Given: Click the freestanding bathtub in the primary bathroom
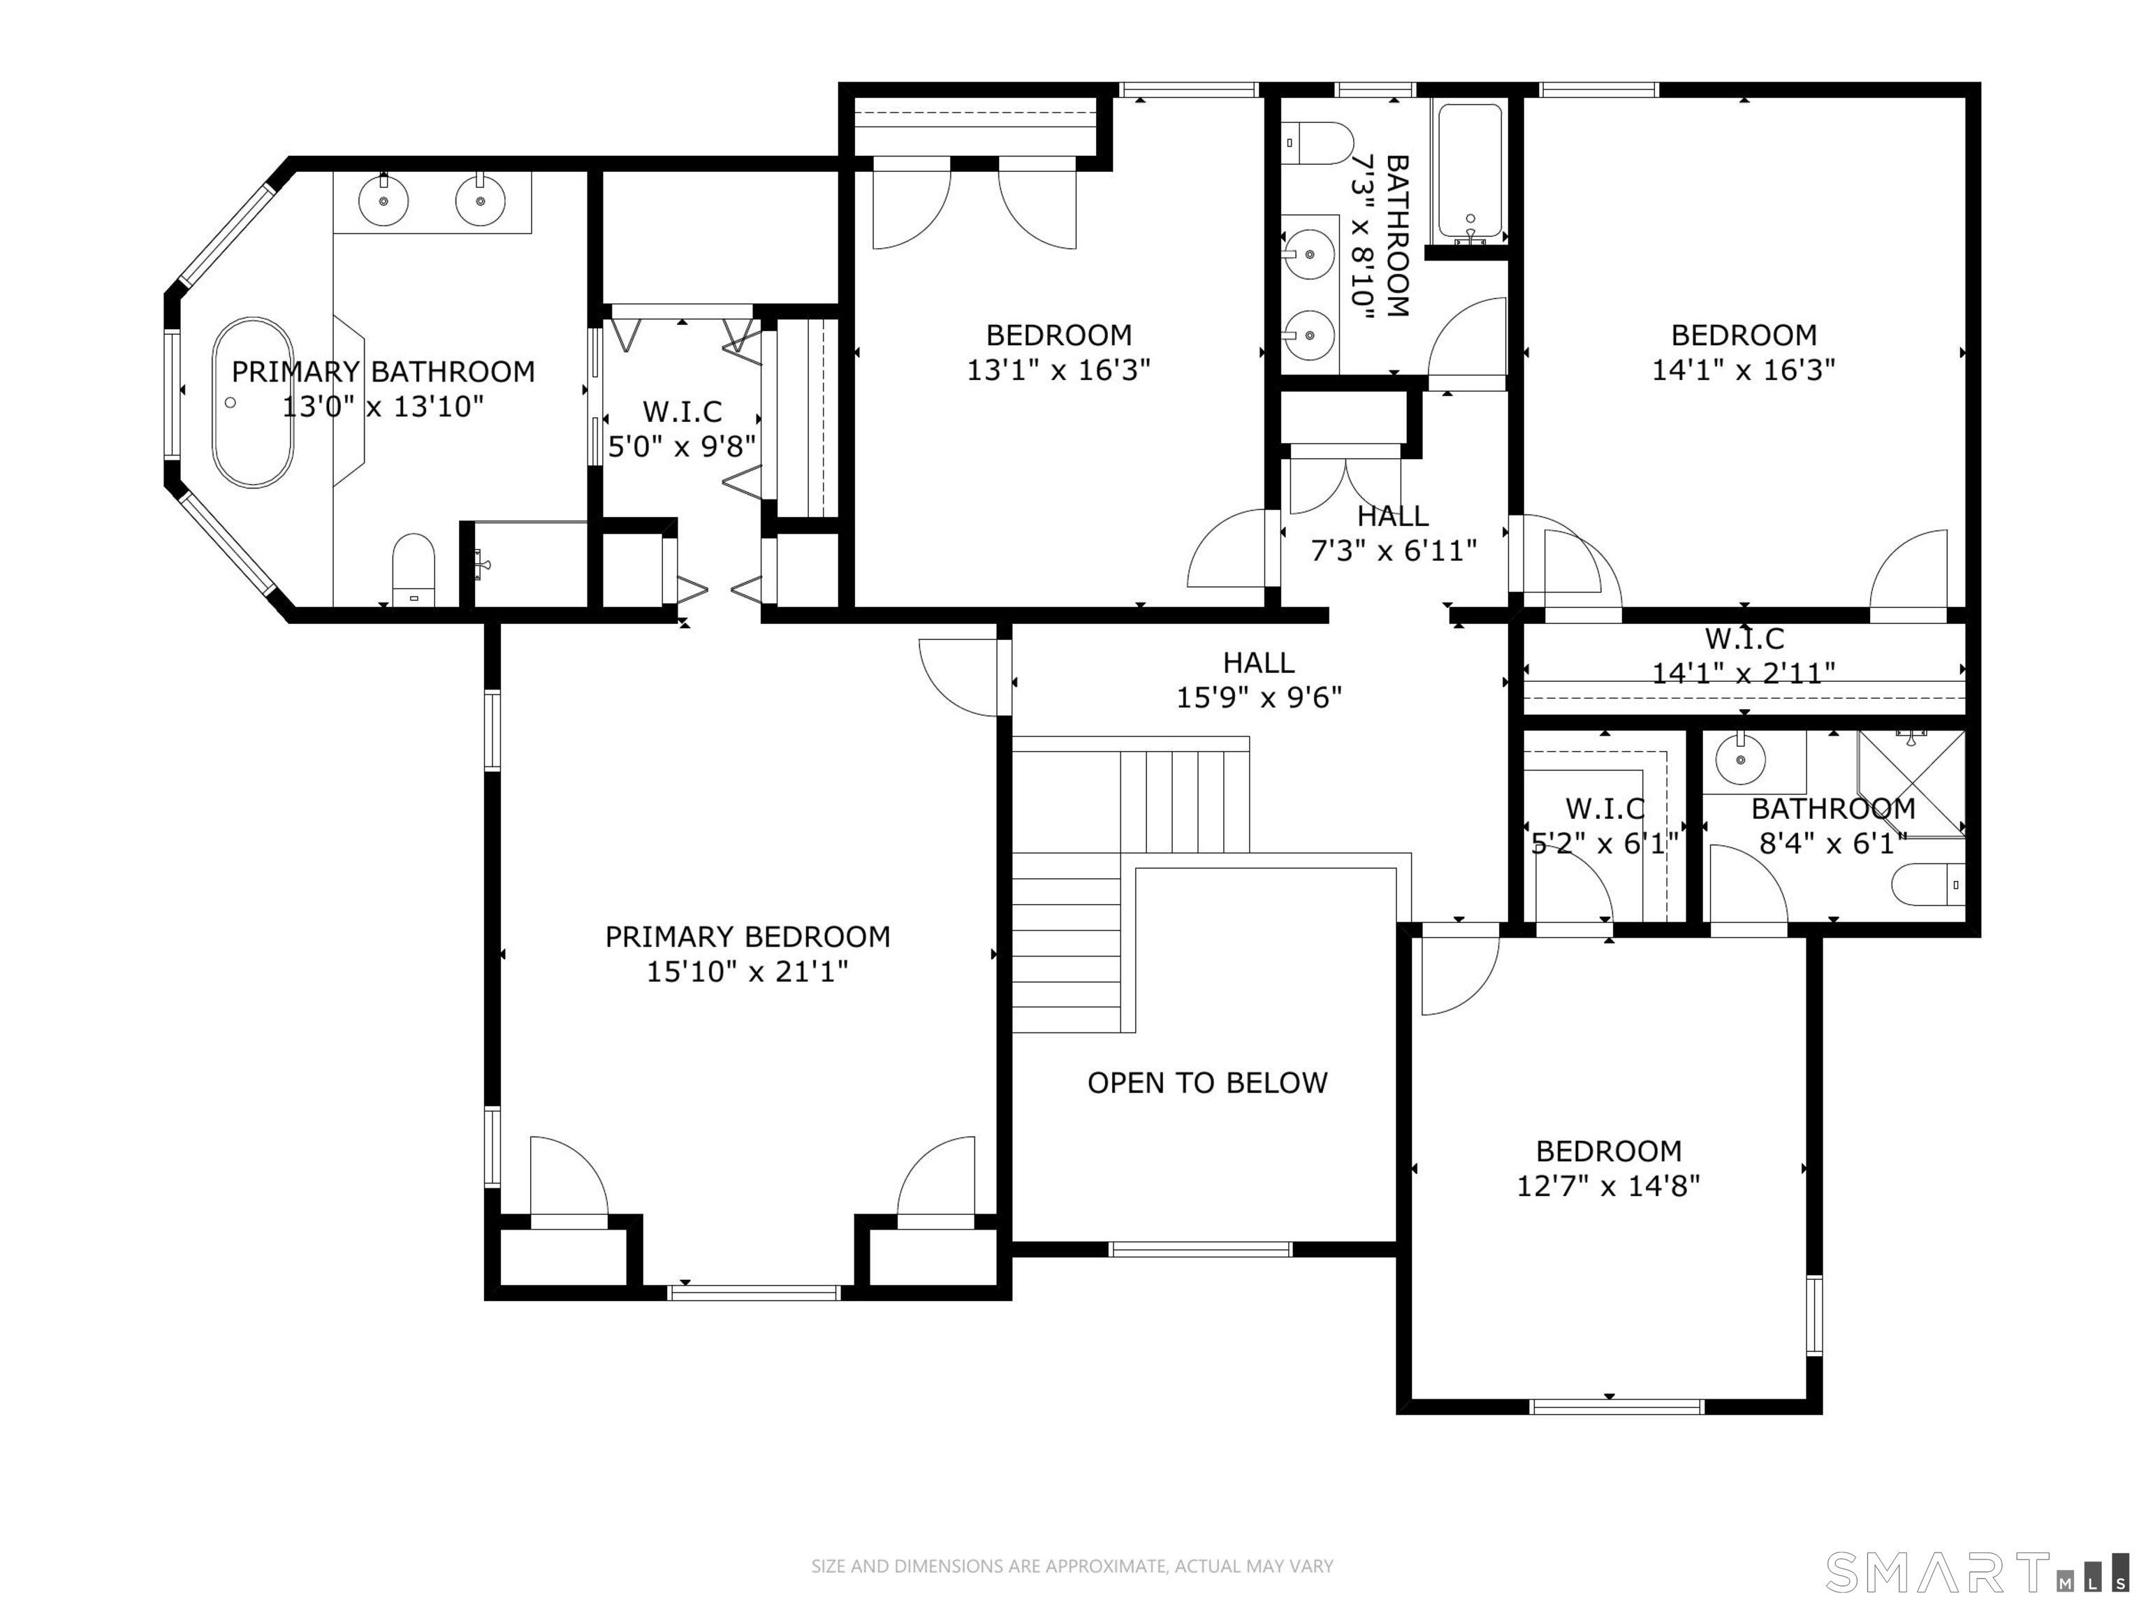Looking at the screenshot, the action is pos(252,402).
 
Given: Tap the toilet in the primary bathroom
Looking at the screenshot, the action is pos(414,569).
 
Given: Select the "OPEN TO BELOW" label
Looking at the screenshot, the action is pos(1207,1083).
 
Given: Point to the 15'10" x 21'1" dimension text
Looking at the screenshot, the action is pos(747,971).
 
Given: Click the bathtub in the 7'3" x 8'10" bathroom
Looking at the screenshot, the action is pos(1470,173).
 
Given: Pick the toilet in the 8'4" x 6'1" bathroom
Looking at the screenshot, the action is pos(1929,884).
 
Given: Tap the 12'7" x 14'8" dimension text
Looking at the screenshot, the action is pos(1609,1186).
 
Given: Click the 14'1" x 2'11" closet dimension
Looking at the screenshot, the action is pos(1744,673).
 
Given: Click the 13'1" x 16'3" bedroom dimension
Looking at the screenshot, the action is pos(1058,370).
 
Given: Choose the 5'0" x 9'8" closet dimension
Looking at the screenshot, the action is pos(681,446).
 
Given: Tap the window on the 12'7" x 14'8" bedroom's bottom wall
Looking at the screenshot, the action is pos(1616,1406).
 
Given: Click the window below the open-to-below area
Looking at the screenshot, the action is pos(1200,1249).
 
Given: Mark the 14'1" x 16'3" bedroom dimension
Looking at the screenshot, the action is pos(1744,370).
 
